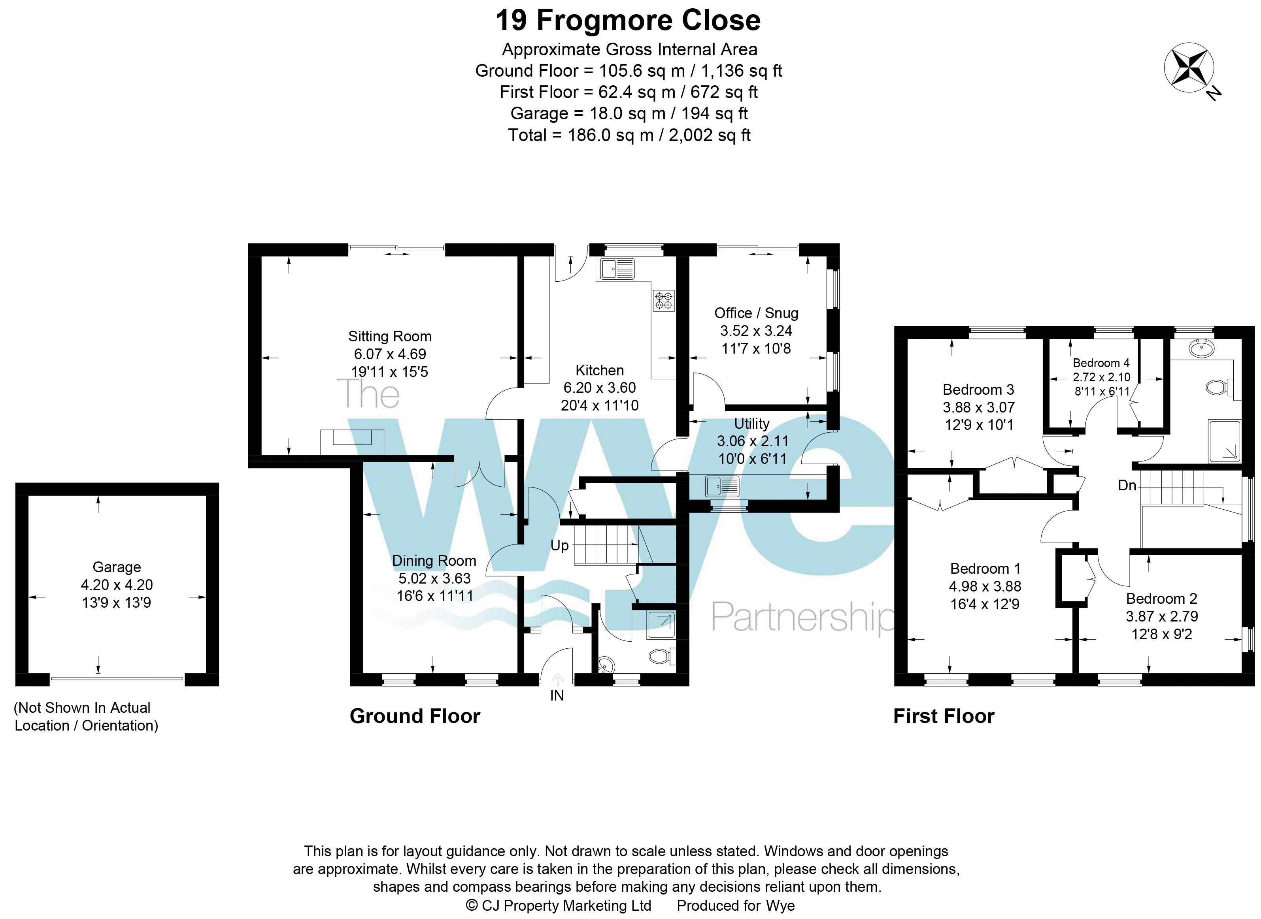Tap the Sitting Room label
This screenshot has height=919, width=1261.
(x=389, y=337)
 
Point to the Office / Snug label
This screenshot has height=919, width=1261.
(x=756, y=313)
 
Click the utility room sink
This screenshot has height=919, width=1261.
(x=722, y=486)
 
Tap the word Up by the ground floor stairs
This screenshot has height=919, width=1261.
(x=559, y=545)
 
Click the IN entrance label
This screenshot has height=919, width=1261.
(x=557, y=695)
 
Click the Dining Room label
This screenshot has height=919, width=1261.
(x=434, y=561)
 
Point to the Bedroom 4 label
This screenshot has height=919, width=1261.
(x=1101, y=363)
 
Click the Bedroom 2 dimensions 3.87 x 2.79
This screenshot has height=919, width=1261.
(x=1161, y=616)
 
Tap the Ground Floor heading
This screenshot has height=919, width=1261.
(x=415, y=716)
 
